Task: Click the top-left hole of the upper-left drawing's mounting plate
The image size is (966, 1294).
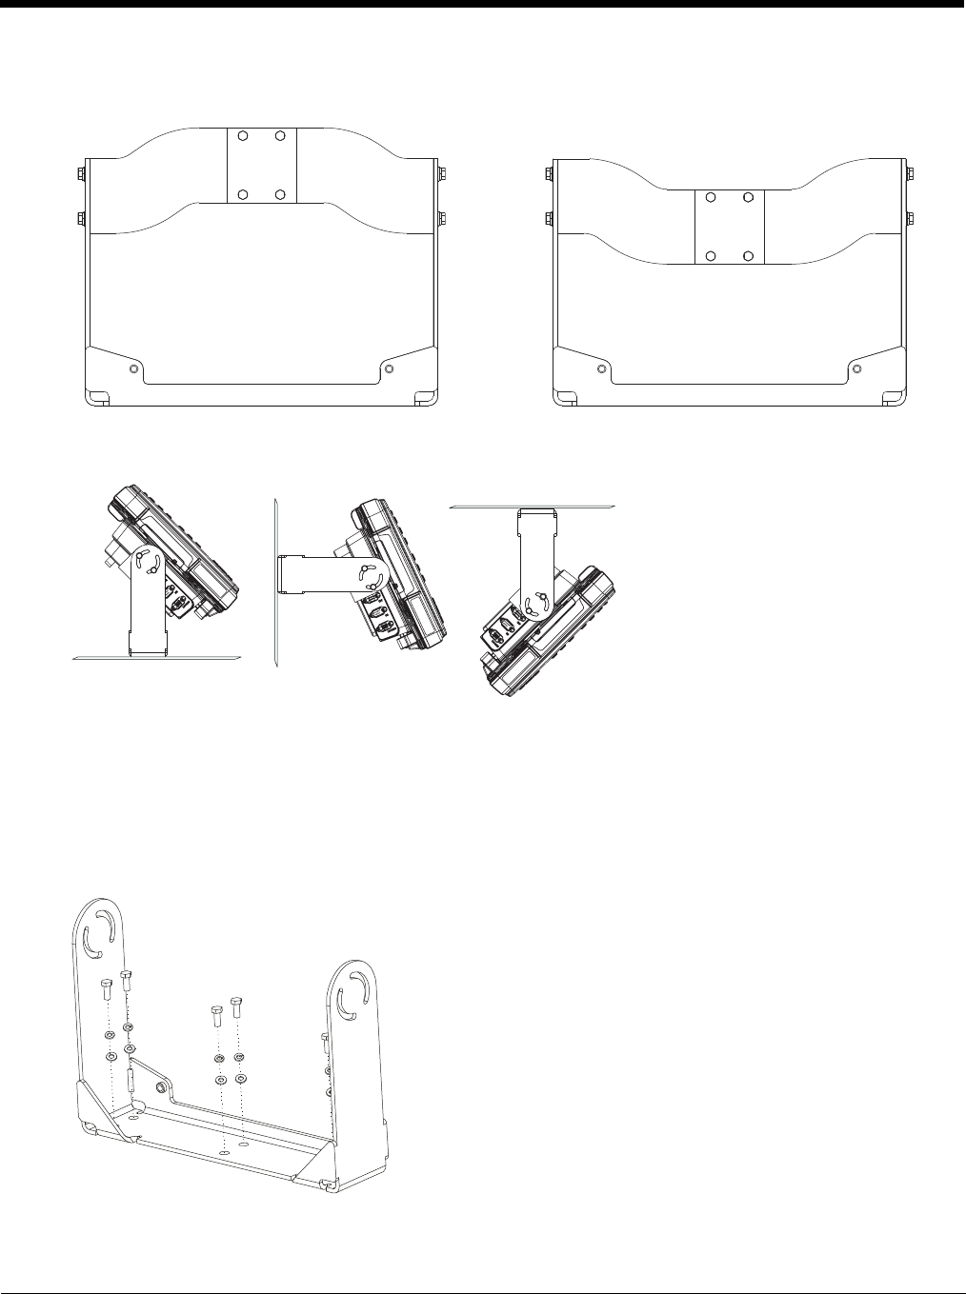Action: pos(243,135)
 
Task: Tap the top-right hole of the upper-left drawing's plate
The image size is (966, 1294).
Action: pos(280,135)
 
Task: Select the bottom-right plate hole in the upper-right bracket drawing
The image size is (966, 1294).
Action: pos(749,256)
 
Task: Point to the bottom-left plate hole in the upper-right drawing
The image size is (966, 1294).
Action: pos(711,256)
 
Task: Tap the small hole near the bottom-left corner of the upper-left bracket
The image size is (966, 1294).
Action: pos(134,368)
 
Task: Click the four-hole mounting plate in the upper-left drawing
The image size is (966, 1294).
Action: pos(261,165)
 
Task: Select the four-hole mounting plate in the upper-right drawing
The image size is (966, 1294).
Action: pos(730,227)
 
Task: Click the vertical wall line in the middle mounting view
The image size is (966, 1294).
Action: pos(272,581)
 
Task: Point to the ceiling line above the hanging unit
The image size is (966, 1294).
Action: pos(533,507)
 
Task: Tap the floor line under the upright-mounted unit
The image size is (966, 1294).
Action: pos(157,657)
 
